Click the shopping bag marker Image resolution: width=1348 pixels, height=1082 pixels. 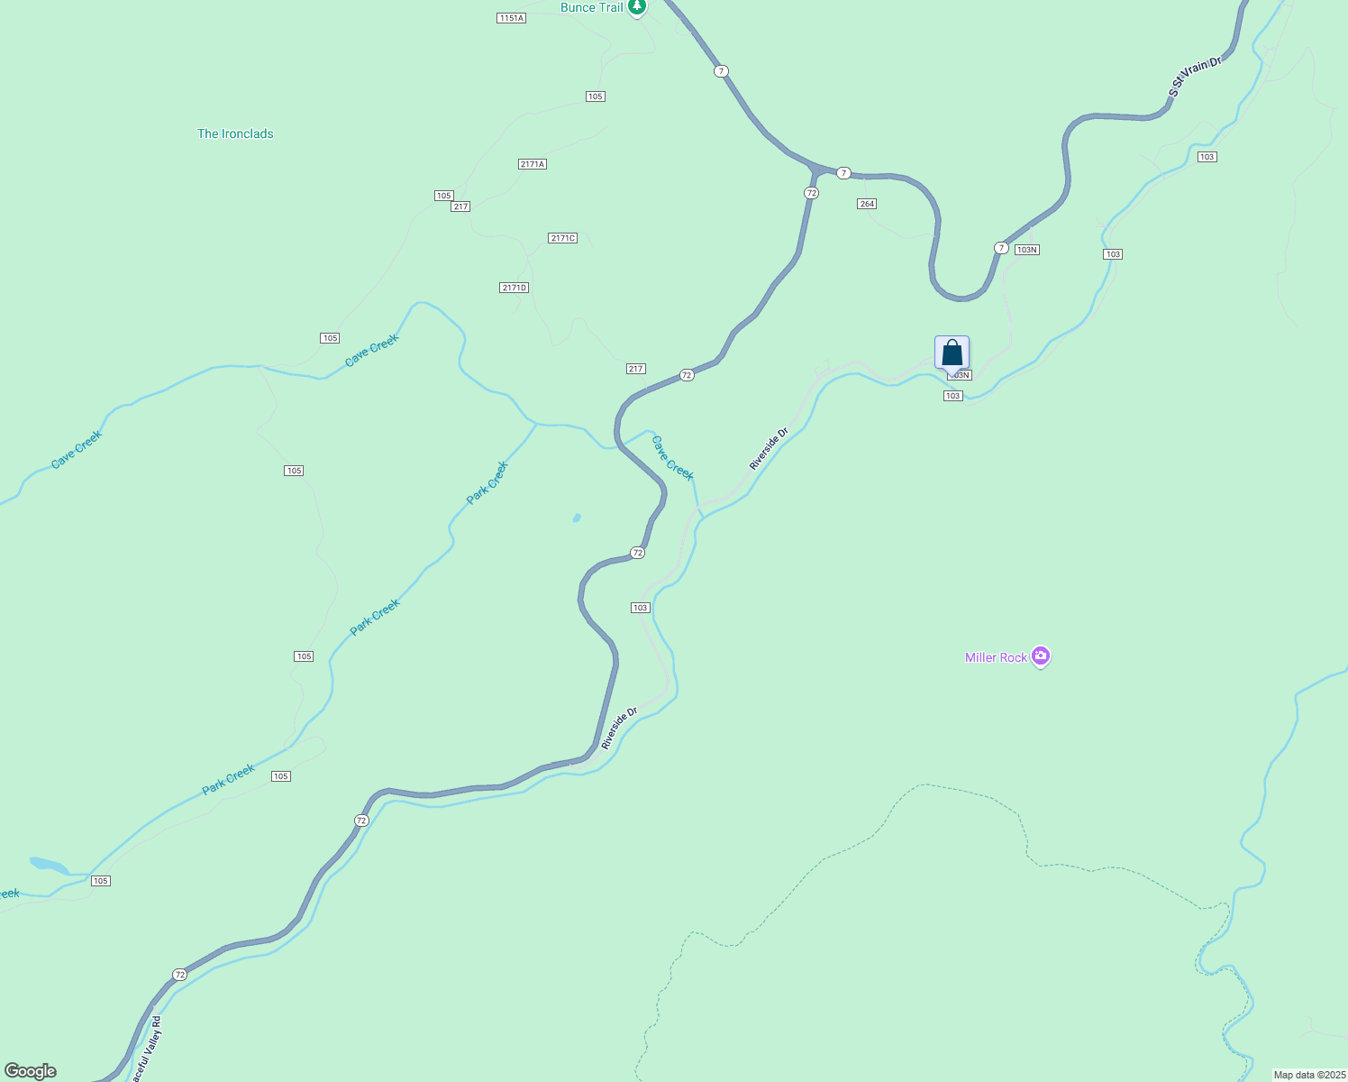[x=952, y=353]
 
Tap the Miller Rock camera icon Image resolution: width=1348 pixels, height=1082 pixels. [x=1041, y=656]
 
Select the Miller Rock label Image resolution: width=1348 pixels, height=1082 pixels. [x=996, y=657]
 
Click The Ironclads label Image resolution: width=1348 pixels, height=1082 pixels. [x=235, y=133]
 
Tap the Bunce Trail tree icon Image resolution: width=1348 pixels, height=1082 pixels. [x=637, y=7]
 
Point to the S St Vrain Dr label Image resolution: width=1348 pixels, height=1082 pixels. [x=1195, y=76]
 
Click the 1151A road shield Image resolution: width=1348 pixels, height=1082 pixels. [x=511, y=18]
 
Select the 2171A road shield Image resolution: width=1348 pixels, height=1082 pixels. [x=533, y=164]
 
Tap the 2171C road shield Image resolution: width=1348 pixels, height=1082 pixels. [x=562, y=238]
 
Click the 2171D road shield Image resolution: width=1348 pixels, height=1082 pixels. [x=514, y=288]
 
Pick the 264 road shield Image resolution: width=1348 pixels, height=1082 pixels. [x=866, y=204]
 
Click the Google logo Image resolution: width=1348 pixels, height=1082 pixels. [x=30, y=1071]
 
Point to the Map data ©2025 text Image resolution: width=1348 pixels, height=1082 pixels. [x=1309, y=1075]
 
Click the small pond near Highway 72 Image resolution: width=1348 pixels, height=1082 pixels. [x=577, y=518]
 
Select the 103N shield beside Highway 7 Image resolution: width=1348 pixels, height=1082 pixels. [x=1026, y=250]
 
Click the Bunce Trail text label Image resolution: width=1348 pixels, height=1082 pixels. [x=591, y=7]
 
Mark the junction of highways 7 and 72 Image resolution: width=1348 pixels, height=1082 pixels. [x=815, y=170]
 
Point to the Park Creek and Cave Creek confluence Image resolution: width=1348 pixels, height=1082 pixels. [x=536, y=423]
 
